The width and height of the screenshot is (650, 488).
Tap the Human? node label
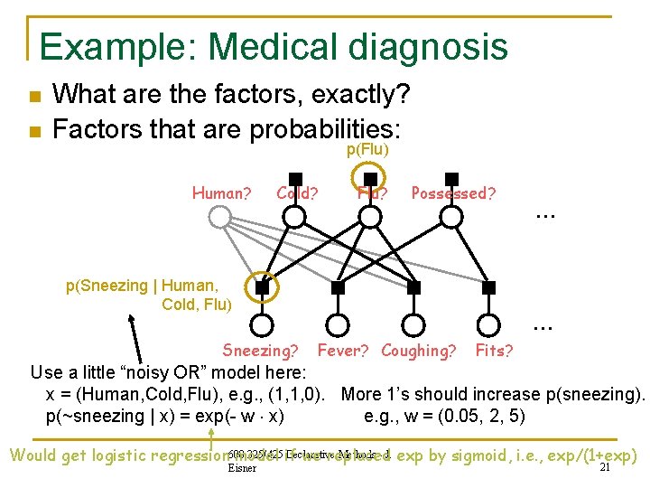pyautogui.click(x=221, y=192)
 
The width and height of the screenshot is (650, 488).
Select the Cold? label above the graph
pyautogui.click(x=297, y=192)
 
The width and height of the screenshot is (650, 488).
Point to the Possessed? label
pyautogui.click(x=453, y=192)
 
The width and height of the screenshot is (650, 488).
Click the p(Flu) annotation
pyautogui.click(x=368, y=149)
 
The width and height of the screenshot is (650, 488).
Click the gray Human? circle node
pyautogui.click(x=219, y=217)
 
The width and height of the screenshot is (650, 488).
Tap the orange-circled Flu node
pyautogui.click(x=369, y=216)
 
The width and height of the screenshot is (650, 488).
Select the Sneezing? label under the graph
pyautogui.click(x=260, y=351)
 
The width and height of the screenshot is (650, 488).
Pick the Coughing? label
pyautogui.click(x=418, y=350)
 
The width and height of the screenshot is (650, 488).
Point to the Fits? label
pyautogui.click(x=494, y=350)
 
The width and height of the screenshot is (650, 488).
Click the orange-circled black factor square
pyautogui.click(x=262, y=287)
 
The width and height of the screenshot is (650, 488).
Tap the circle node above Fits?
pyautogui.click(x=489, y=324)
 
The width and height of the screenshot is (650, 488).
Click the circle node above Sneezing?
pyautogui.click(x=262, y=324)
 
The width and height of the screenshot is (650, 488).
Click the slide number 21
pyautogui.click(x=607, y=467)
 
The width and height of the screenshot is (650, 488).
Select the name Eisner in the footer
pyautogui.click(x=243, y=468)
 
